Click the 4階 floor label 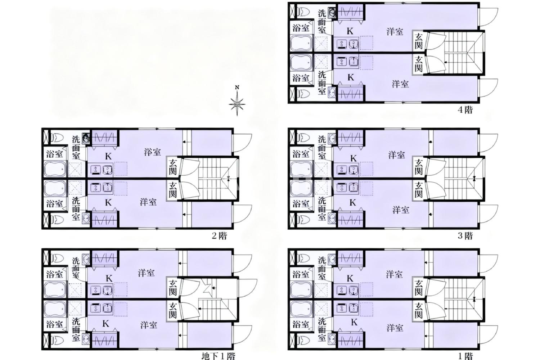tap(465, 110)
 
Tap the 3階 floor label tap(465, 235)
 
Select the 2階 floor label tap(219, 235)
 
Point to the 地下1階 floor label tap(218, 356)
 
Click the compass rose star tap(237, 104)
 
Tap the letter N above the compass tap(237, 87)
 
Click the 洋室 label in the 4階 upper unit tap(395, 32)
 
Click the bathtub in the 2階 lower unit tap(55, 188)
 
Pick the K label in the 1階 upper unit tap(350, 279)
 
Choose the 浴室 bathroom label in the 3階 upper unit tap(301, 154)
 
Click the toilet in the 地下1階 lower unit tap(57, 340)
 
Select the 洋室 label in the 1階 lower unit tap(395, 328)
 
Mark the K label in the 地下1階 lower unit tap(105, 324)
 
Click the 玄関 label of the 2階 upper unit tap(172, 167)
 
